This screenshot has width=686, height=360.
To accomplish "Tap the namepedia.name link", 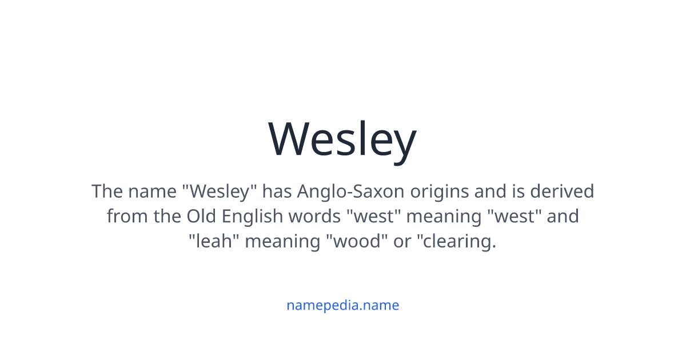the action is pyautogui.click(x=342, y=305).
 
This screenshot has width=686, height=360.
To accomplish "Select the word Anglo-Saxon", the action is pyautogui.click(x=350, y=192).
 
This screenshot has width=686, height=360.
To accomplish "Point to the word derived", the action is pyautogui.click(x=562, y=191).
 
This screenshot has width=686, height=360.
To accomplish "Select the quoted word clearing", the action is pyautogui.click(x=457, y=242).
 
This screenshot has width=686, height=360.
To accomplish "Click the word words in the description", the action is pyautogui.click(x=314, y=216).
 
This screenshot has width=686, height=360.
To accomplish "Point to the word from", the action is pyautogui.click(x=127, y=216).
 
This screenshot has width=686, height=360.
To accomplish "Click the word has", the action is pyautogui.click(x=277, y=191).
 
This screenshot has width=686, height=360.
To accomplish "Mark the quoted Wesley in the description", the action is pyautogui.click(x=220, y=192).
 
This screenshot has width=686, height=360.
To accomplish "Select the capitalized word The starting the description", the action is pyautogui.click(x=107, y=191).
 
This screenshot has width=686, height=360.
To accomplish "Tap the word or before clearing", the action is pyautogui.click(x=402, y=242).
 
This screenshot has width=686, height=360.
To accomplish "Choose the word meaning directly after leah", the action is pyautogui.click(x=282, y=242).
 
